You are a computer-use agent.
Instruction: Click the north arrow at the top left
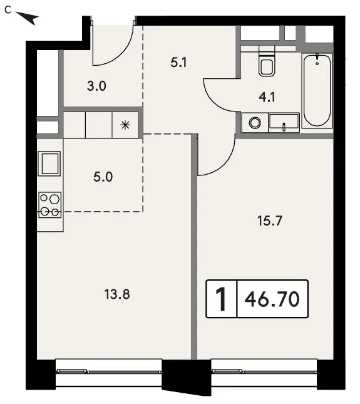pos(28,18)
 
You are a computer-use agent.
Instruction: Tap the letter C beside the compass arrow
pos(8,10)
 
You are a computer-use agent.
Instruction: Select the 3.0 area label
pos(96,86)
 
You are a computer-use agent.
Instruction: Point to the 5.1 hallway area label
pos(178,63)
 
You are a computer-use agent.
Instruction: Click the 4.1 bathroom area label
pos(267,97)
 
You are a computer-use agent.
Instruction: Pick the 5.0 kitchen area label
pos(103,177)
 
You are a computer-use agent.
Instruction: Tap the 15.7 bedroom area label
pos(270,221)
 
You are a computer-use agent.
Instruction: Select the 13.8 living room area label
pos(117,294)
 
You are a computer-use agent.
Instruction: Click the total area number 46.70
pos(272,299)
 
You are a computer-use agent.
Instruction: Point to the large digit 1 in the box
pos(221,299)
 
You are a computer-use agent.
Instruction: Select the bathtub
pos(317,90)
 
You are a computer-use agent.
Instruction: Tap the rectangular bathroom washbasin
pos(284,122)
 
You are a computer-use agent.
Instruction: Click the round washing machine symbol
pos(255,123)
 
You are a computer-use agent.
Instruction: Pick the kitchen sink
pos(49,163)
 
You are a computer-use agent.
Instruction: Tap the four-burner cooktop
pos(49,205)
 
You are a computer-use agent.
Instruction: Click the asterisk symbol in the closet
pos(125,125)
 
